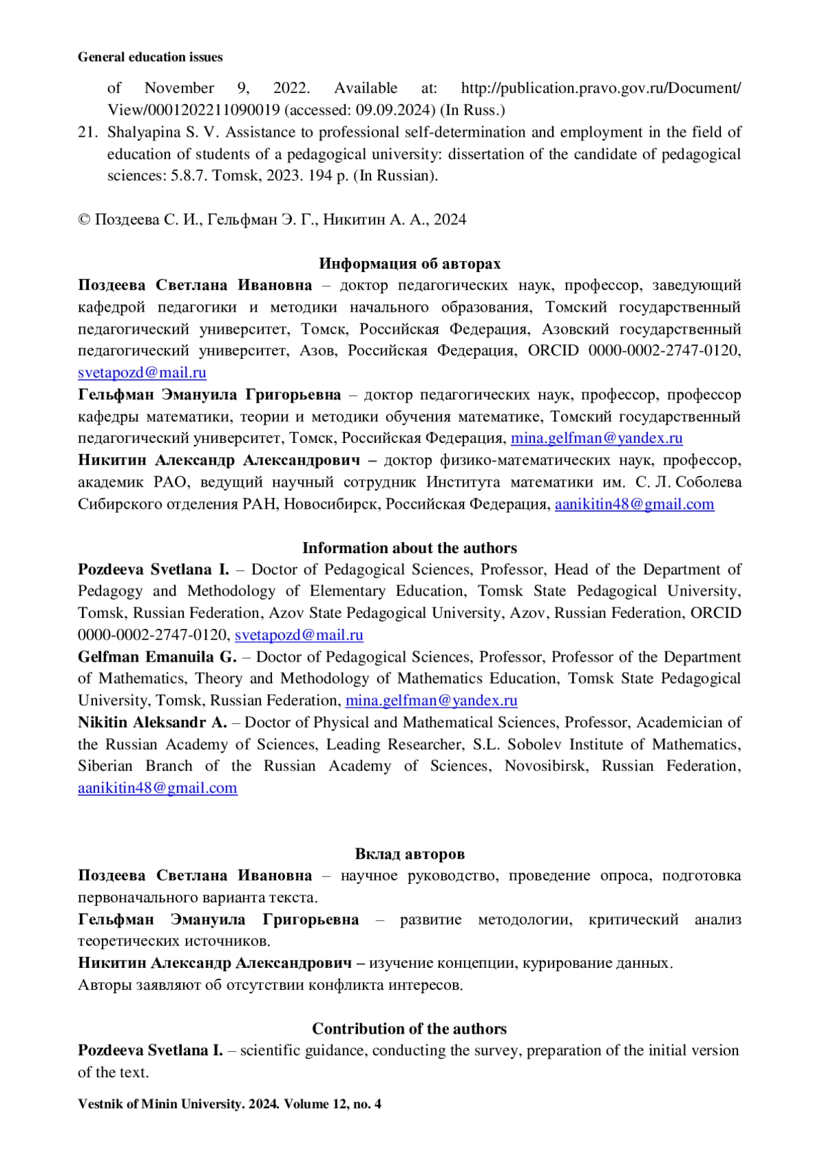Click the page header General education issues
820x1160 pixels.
[x=150, y=57]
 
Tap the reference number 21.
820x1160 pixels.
[x=87, y=132]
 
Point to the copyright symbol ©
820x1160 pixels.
[x=84, y=219]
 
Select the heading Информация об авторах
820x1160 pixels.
[x=409, y=263]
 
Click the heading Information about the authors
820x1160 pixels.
[x=409, y=548]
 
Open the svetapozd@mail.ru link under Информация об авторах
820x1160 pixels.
[x=142, y=373]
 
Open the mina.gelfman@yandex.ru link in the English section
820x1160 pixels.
[x=431, y=701]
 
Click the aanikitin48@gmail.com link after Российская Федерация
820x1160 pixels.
[x=634, y=504]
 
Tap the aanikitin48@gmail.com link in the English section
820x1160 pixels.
[x=157, y=788]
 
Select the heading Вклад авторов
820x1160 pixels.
[x=409, y=854]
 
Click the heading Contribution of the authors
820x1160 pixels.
[x=409, y=1029]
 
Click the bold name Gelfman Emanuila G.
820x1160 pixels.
[x=156, y=657]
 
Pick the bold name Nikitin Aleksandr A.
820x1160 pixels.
[x=152, y=723]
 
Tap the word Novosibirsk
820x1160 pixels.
[x=545, y=766]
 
